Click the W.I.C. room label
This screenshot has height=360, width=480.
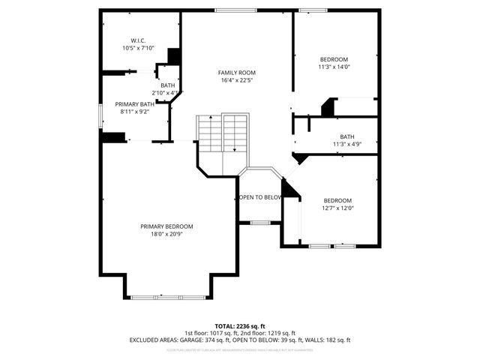pos(137,40)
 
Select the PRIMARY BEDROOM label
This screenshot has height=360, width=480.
pos(166,226)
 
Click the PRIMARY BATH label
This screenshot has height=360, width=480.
pos(134,104)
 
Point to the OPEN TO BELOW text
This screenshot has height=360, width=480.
pos(260,197)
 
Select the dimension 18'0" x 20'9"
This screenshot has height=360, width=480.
pos(166,234)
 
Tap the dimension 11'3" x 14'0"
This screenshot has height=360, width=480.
pos(334,67)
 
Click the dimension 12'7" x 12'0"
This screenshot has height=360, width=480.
pos(337,208)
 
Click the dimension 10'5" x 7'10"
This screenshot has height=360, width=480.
pos(137,48)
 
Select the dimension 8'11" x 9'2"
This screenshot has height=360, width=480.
pos(134,112)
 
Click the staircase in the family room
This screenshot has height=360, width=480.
pos(223,133)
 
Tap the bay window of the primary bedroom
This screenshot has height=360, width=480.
pos(167,298)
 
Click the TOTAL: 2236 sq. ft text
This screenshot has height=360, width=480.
pos(239,326)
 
